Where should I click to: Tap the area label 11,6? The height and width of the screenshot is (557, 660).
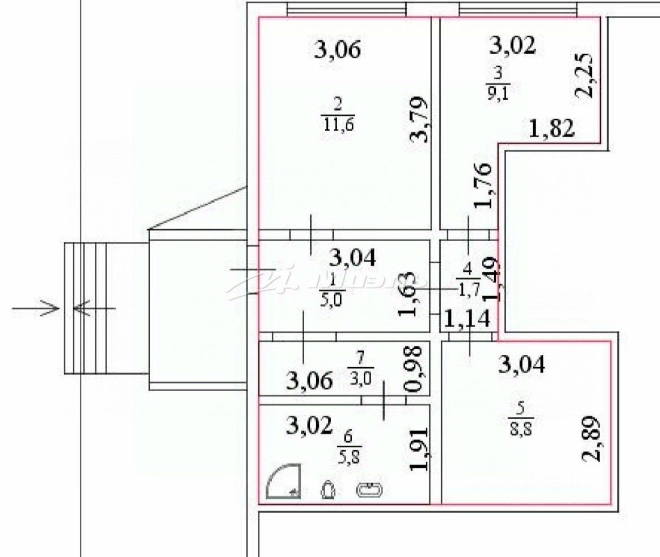click(337, 123)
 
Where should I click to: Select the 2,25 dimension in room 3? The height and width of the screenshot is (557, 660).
click(585, 76)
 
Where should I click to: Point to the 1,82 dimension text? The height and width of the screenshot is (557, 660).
click(551, 129)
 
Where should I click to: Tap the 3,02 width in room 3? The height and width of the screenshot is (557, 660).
click(512, 45)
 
